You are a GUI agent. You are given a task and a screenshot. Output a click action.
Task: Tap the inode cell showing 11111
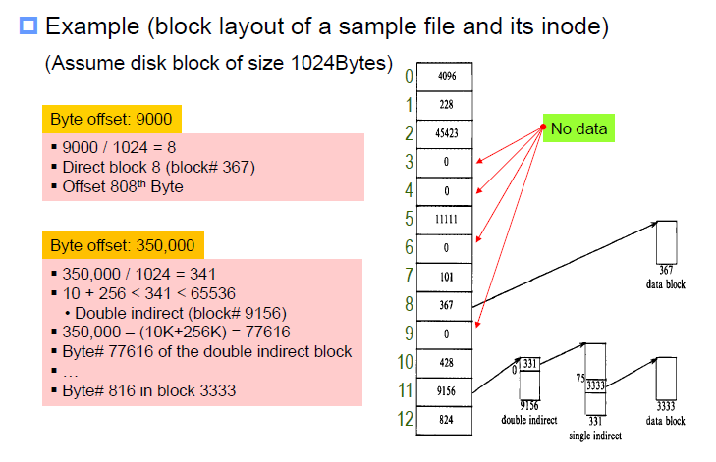point(447,219)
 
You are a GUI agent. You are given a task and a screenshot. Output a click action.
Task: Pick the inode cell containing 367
point(447,305)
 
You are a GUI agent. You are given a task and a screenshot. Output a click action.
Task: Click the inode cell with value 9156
point(447,391)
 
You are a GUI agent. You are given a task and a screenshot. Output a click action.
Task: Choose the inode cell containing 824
point(447,420)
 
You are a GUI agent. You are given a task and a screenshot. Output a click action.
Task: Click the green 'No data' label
point(578,128)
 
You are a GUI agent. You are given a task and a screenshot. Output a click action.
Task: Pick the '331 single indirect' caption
point(595,426)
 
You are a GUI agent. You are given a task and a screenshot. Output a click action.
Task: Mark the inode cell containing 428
point(447,363)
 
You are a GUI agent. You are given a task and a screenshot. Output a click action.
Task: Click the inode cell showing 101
point(447,277)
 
